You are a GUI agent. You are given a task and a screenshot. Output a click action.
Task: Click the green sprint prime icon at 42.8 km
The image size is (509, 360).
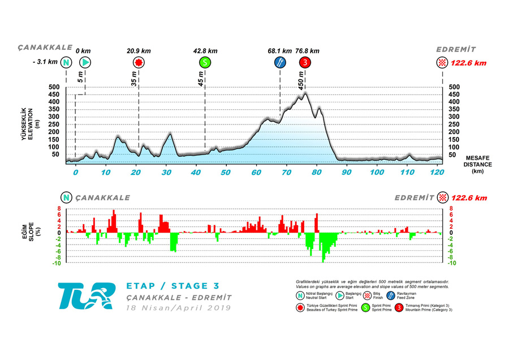205,63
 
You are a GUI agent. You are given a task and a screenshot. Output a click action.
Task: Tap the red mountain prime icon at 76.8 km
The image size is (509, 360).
305,63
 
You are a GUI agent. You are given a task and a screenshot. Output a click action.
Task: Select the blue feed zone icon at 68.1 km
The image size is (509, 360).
279,63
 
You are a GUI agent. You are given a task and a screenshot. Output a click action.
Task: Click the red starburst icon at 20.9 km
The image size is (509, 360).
138,63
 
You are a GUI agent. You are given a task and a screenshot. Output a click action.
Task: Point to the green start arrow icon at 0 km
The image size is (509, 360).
85,63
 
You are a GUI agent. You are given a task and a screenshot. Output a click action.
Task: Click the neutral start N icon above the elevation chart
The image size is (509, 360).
67,63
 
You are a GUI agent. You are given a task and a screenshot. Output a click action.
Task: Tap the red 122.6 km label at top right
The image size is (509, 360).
469,63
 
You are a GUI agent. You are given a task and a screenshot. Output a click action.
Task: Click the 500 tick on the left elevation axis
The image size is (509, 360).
55,87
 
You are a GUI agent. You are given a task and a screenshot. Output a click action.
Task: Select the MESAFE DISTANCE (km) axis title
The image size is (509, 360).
478,164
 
